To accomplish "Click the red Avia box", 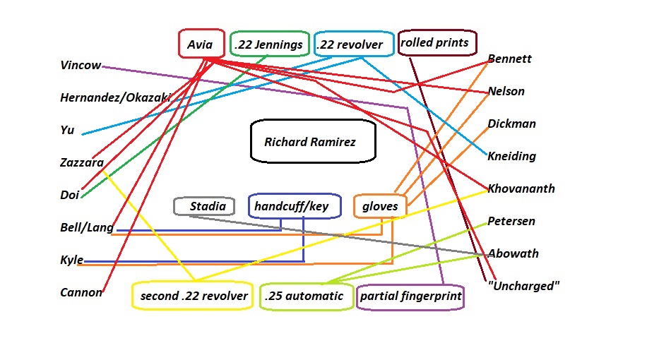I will tap(201, 44).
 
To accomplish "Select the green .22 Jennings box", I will tap(269, 44).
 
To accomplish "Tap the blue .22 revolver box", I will tap(353, 44).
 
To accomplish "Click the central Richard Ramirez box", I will tap(311, 142).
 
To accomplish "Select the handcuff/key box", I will tap(294, 206).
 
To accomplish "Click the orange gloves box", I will tap(380, 206).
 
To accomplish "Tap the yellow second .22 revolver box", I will tap(194, 296).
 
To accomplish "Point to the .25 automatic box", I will tap(304, 296).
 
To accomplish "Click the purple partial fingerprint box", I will tap(410, 296).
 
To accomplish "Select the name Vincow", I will tap(81, 66).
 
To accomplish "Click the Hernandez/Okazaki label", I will tap(115, 98).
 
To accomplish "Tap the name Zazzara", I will tap(82, 162).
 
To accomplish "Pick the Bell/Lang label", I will tap(87, 227).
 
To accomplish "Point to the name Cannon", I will tap(81, 292).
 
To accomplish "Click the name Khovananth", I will tap(521, 188).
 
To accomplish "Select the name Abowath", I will tap(514, 253).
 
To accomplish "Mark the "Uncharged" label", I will tap(523, 286).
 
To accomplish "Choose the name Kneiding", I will tap(511, 156).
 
